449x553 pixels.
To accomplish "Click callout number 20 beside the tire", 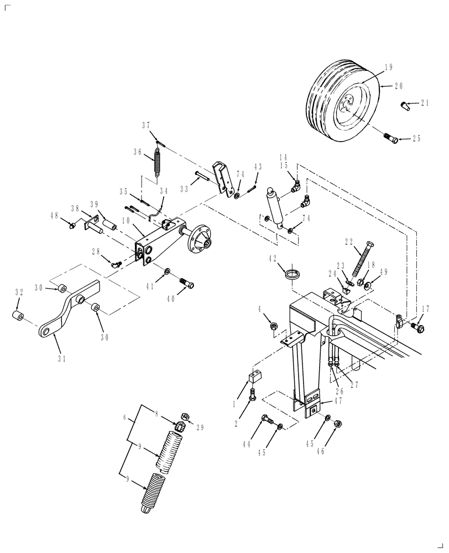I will click(x=399, y=86).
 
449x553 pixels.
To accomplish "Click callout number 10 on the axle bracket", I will click(x=126, y=221).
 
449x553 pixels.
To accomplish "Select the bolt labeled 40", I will click(x=187, y=285).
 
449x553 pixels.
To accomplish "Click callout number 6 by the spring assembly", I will click(x=124, y=419).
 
